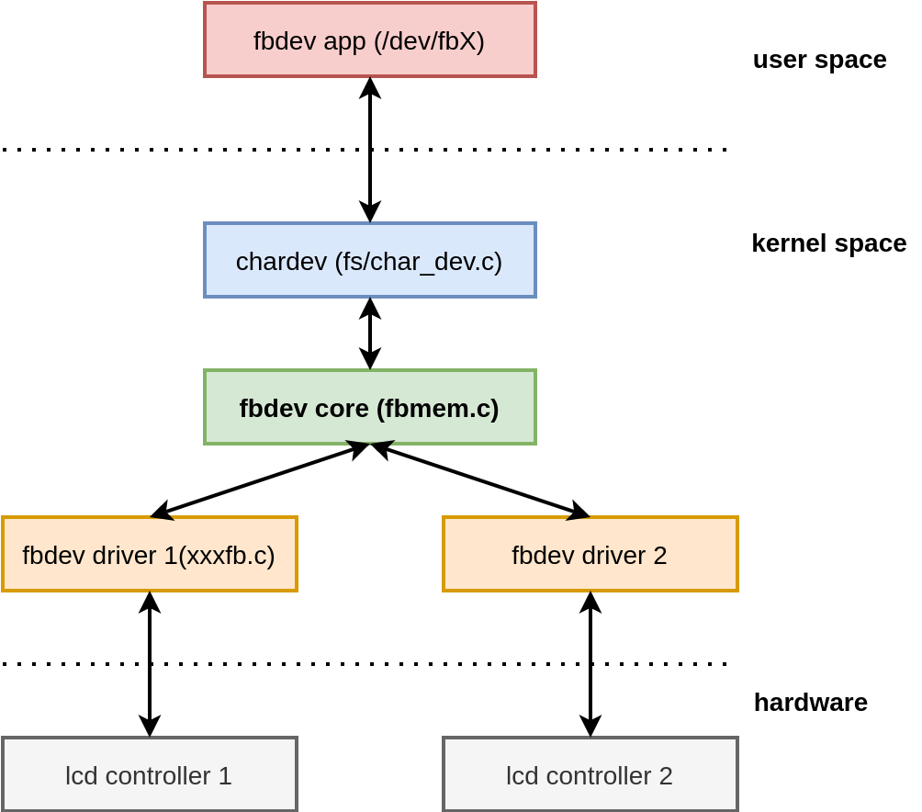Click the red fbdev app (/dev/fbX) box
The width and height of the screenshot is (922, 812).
click(x=369, y=39)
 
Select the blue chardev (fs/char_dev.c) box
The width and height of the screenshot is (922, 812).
click(x=369, y=260)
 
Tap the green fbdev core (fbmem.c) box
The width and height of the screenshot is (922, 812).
click(x=369, y=407)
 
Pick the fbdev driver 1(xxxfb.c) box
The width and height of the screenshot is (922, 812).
click(x=149, y=554)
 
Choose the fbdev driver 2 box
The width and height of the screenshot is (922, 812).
click(x=590, y=554)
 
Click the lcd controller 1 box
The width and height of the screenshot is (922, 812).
click(x=149, y=774)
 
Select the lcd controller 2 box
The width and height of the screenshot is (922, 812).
click(x=590, y=774)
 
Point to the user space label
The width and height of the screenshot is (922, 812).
click(x=819, y=60)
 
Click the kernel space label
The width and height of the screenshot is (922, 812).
click(x=828, y=243)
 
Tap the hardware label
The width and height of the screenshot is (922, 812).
click(x=810, y=703)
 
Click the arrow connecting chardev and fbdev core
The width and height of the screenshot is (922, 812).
click(x=370, y=333)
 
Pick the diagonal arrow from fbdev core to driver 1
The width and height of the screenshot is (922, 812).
click(x=260, y=480)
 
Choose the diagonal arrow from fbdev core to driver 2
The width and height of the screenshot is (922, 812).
click(x=480, y=480)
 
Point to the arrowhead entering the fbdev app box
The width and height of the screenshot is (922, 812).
click(x=370, y=86)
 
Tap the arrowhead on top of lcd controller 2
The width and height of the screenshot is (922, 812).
click(x=590, y=727)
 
